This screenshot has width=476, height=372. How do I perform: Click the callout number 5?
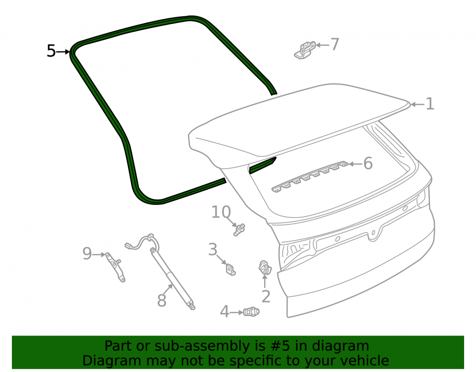pos(51,51)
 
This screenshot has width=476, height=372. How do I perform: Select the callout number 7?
pos(335,44)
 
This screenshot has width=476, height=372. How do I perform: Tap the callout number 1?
pos(429,104)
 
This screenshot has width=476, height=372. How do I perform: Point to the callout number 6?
pos(368,163)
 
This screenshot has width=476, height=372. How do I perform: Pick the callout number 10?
pos(221,212)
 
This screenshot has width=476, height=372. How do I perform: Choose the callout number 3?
pos(212,250)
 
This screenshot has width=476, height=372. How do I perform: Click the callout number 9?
pos(87,253)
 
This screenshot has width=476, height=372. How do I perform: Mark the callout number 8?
pos(162,301)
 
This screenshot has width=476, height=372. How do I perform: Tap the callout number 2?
pos(266,296)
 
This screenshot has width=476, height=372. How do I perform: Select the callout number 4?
pos(224,312)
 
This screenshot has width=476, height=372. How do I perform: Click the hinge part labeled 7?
pos(305,50)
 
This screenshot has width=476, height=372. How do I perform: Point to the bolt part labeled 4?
pos(251,312)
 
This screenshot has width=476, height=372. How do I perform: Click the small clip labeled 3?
pos(231,270)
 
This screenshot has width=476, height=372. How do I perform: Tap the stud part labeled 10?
pos(239,230)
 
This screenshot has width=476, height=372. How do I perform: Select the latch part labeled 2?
pos(265,268)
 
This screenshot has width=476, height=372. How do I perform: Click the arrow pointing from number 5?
pos(63,52)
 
